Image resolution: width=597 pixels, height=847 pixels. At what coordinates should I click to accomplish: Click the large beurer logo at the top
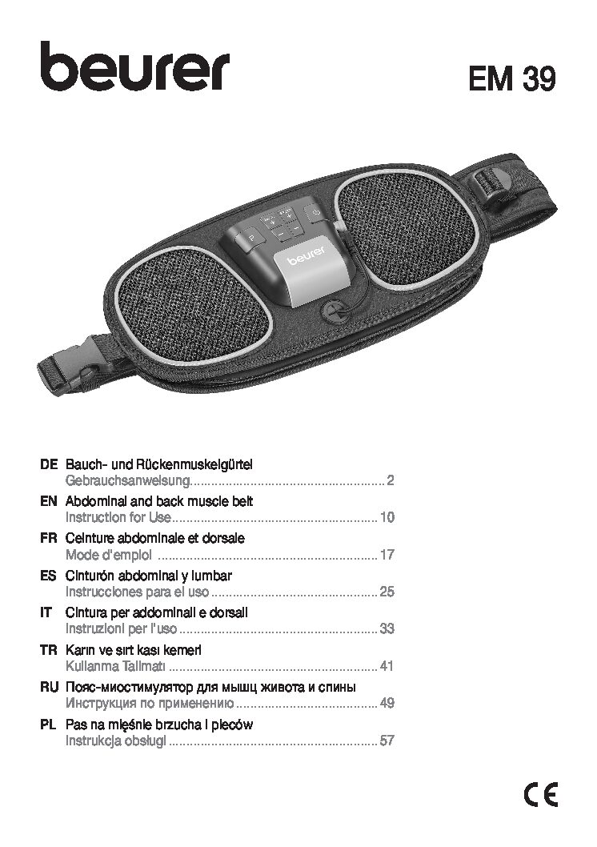coord(135,66)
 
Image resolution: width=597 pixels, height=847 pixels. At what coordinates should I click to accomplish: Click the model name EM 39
coord(511,79)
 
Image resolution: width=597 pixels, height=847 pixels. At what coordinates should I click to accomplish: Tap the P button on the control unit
coord(250,239)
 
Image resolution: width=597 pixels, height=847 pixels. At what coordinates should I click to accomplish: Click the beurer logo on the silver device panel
coord(306,257)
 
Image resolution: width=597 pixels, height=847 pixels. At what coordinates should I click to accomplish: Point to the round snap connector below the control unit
coord(335,311)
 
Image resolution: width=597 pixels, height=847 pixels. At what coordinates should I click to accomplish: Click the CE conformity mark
coord(540,795)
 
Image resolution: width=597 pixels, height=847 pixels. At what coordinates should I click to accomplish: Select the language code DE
coord(48,464)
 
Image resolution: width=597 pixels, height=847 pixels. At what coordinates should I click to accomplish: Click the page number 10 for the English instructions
coord(387,517)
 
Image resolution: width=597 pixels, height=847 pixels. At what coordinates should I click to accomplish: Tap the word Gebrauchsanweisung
coord(128,480)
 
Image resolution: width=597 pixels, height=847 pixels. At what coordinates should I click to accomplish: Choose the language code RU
coord(49,688)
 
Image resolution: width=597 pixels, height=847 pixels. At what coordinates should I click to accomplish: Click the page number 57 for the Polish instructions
coord(387,741)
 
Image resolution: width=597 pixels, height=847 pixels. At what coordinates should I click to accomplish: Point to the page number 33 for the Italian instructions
coord(387,628)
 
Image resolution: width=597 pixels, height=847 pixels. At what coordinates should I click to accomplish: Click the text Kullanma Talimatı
coord(115,666)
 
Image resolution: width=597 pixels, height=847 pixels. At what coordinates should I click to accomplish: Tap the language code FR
coord(48,539)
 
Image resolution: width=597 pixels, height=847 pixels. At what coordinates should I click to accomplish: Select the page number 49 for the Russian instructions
coord(387,704)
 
